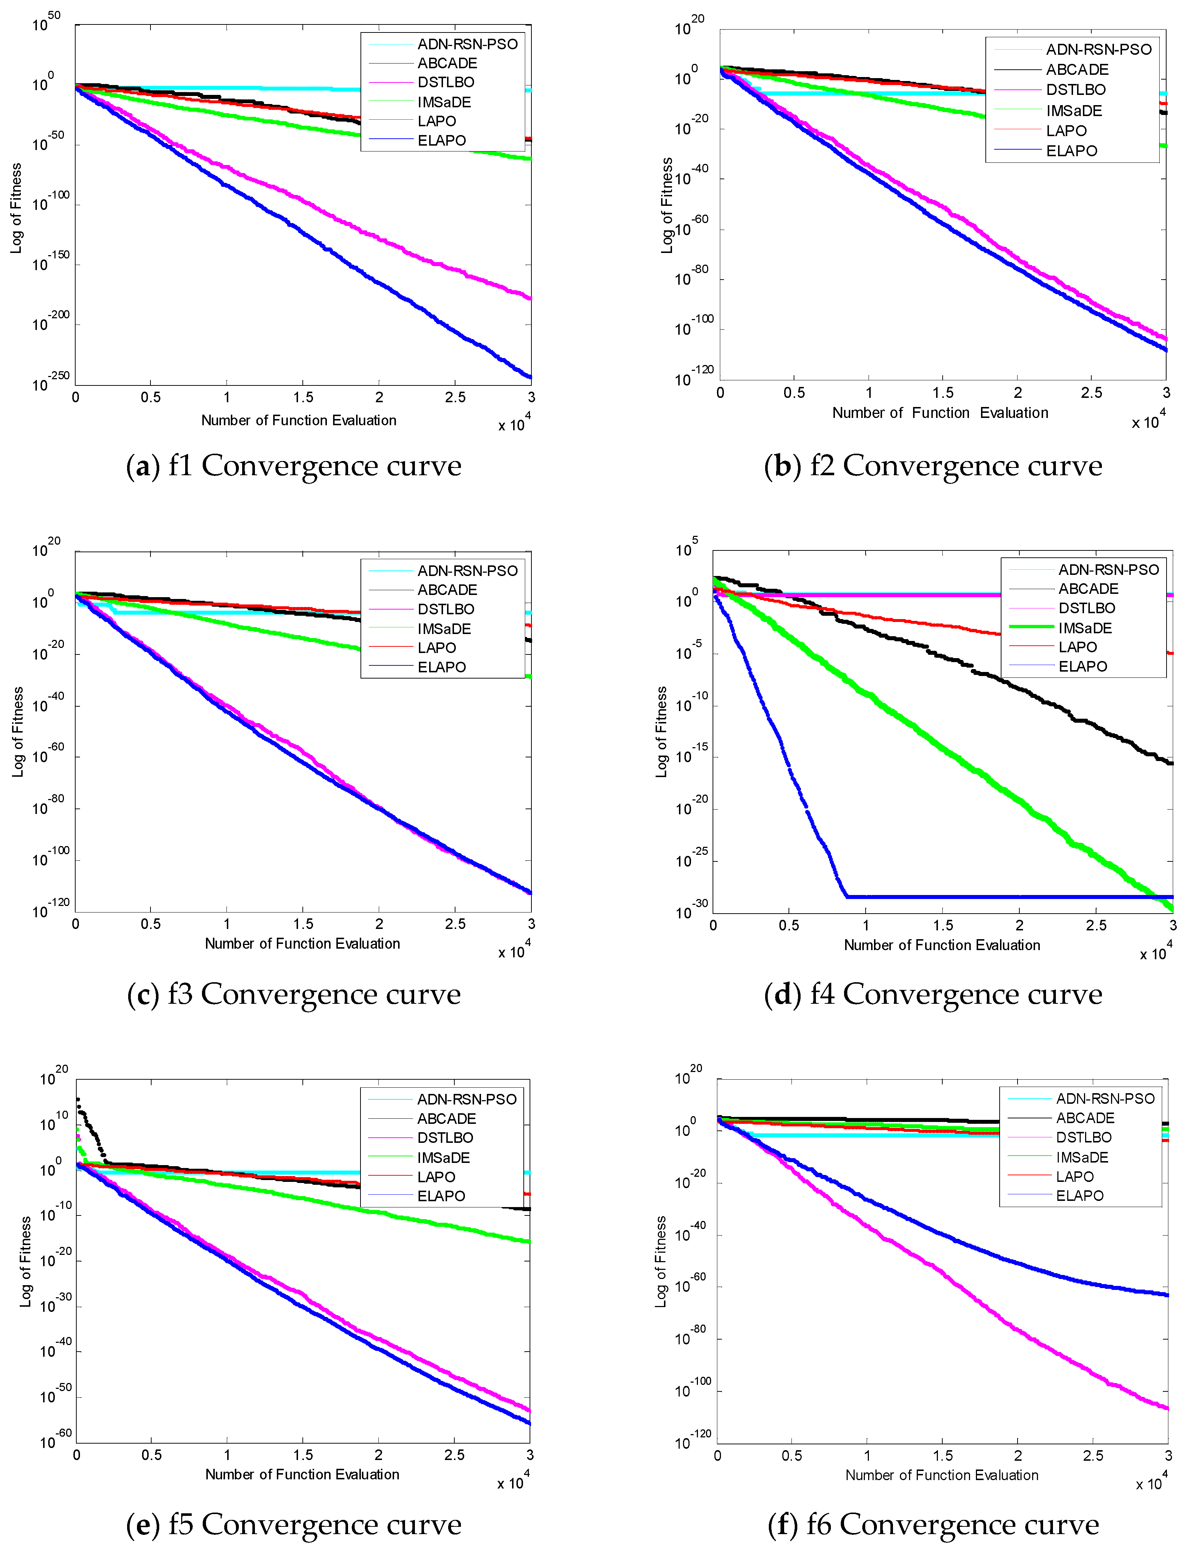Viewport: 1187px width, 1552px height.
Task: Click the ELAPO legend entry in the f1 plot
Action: [441, 141]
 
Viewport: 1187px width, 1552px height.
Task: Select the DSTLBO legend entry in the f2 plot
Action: [1075, 90]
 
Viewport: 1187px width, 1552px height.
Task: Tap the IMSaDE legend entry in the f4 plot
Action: [1084, 628]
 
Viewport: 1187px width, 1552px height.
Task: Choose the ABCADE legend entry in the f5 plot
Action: [446, 1118]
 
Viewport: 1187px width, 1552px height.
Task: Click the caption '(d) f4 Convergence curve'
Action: [933, 994]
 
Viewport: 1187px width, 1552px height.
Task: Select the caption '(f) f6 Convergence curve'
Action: [933, 1524]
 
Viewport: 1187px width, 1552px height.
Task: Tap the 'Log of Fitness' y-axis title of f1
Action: [16, 208]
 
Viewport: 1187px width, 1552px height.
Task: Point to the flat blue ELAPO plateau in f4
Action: [1003, 897]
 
